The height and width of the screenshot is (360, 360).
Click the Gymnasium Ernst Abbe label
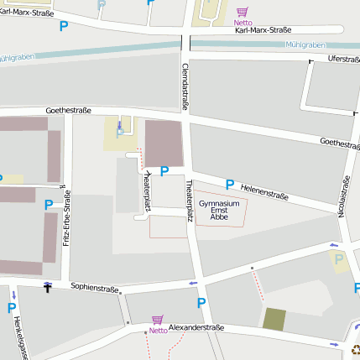(218, 210)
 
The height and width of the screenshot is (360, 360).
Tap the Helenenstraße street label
(264, 191)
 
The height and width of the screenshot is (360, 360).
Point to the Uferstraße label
(343, 59)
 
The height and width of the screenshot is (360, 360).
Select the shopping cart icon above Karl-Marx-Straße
(242, 12)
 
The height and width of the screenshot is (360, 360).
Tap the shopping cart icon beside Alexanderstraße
(156, 320)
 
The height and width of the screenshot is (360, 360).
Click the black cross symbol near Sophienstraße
(48, 289)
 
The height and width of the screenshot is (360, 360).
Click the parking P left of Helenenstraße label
(229, 184)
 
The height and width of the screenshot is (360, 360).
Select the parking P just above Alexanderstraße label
(201, 303)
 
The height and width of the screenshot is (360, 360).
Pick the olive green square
(274, 319)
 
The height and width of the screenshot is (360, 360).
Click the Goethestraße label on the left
(68, 110)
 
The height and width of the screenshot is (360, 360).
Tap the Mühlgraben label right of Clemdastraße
(304, 44)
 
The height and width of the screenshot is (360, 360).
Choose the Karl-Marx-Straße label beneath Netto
(263, 30)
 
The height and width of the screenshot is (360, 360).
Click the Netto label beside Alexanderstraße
(158, 331)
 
